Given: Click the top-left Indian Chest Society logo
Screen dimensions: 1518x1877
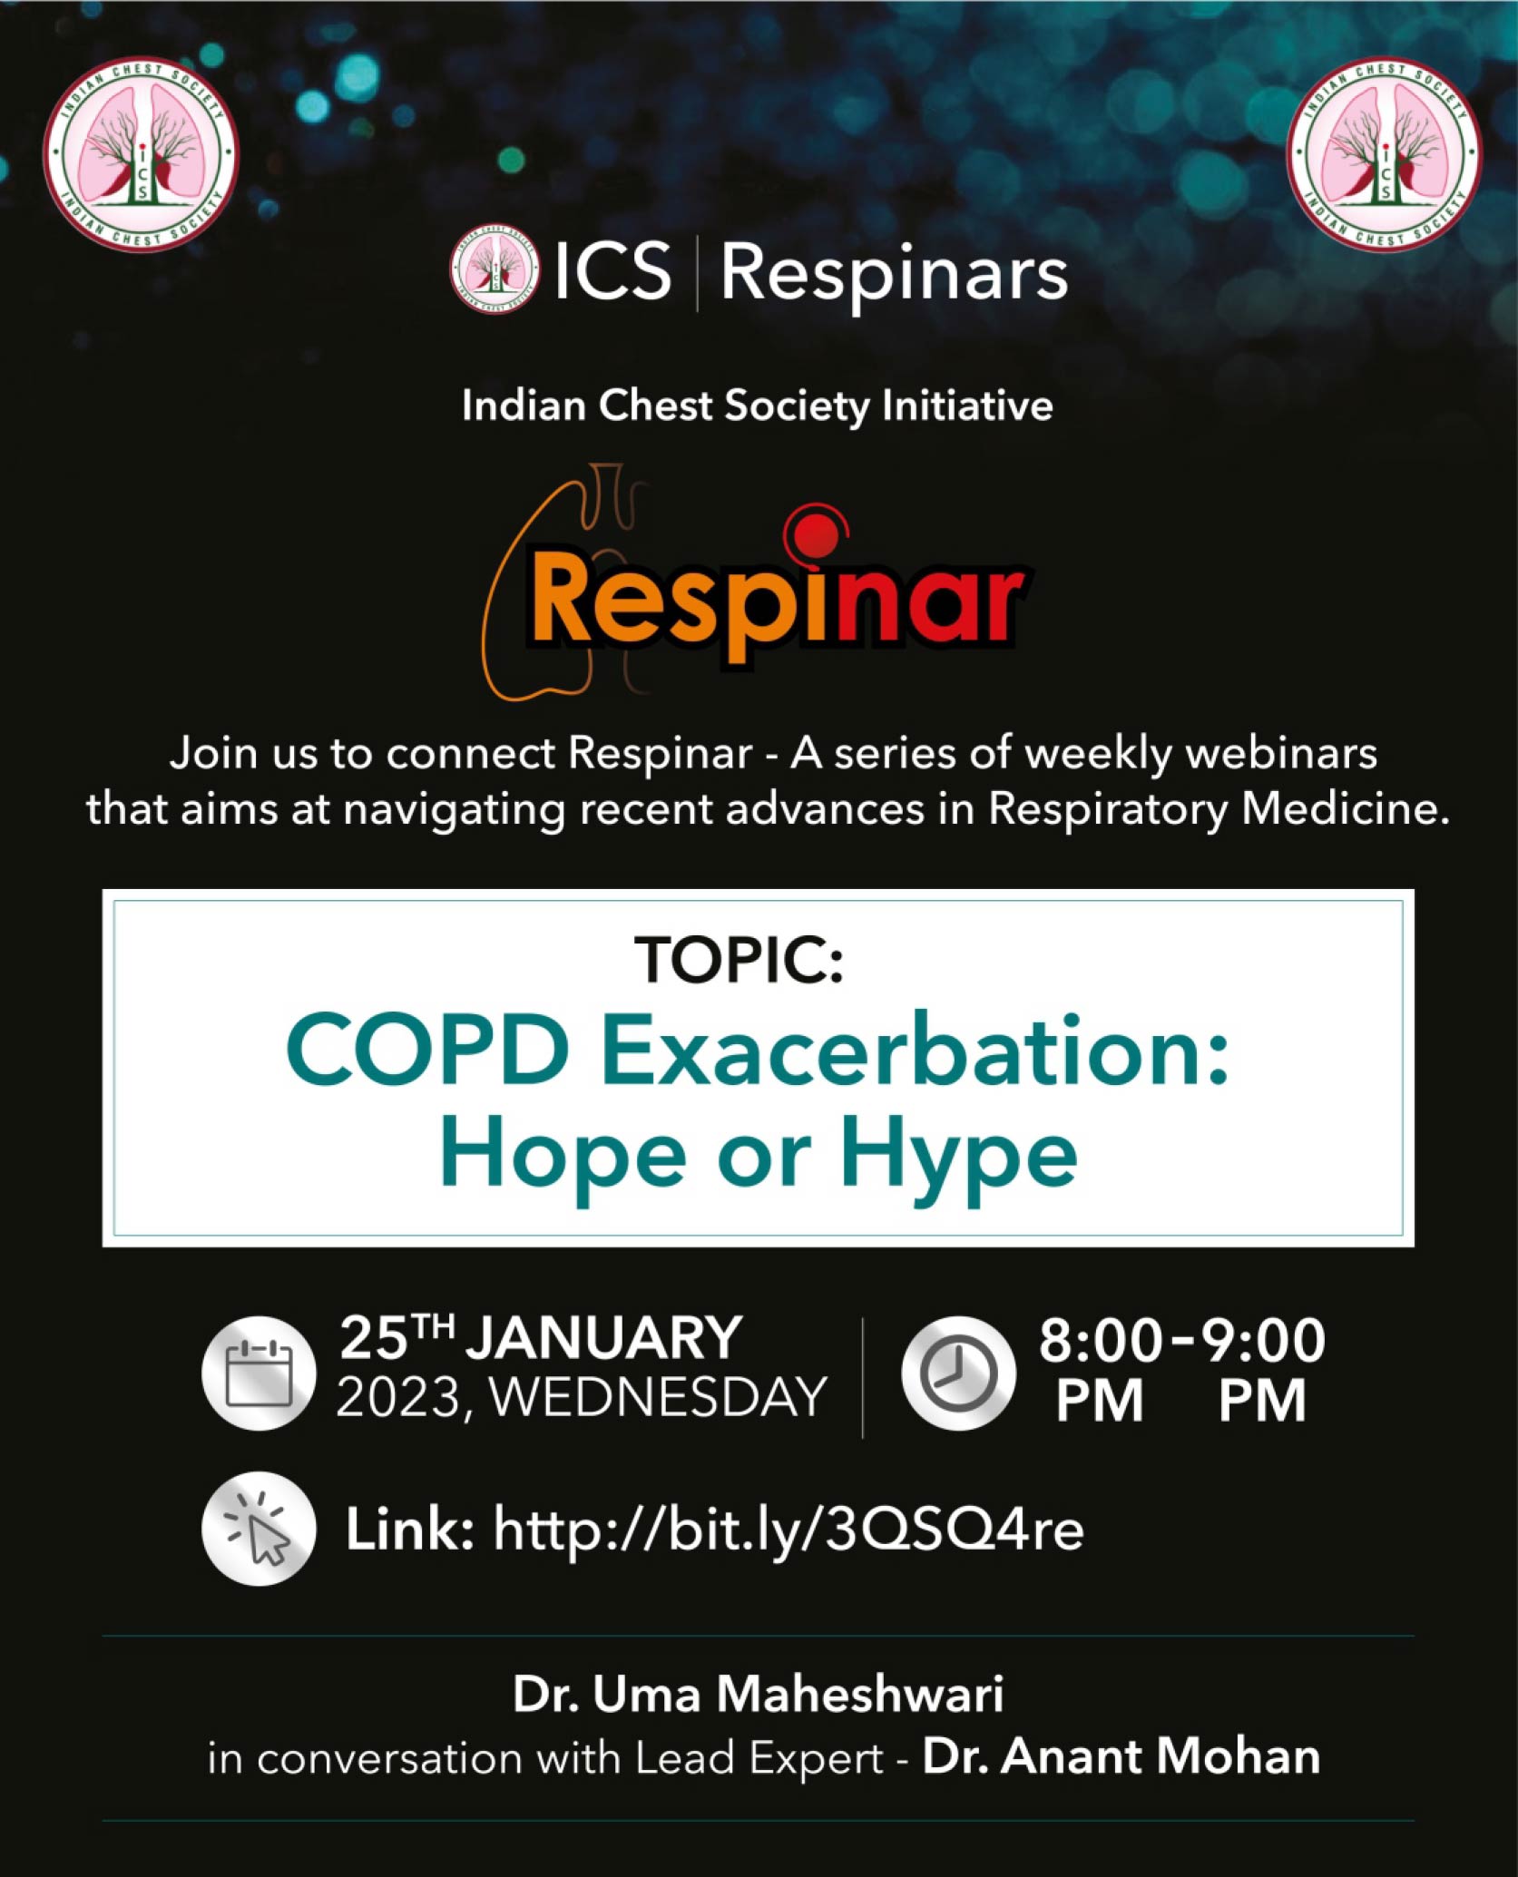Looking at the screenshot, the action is click(x=141, y=154).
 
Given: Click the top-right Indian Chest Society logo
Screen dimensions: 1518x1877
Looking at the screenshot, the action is click(x=1384, y=154).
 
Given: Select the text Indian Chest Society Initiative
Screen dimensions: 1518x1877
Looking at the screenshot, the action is click(x=758, y=406).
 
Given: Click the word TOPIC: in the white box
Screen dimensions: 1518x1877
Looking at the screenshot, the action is click(x=739, y=960).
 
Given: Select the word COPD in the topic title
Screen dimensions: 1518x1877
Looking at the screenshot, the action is click(x=427, y=1049).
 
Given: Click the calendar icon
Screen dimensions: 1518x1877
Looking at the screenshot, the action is click(x=259, y=1373).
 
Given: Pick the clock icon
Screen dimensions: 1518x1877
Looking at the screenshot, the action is click(x=958, y=1373).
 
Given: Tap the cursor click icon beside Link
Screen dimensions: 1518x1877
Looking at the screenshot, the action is click(x=259, y=1529).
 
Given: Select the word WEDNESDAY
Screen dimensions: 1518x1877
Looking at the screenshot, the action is click(x=659, y=1397).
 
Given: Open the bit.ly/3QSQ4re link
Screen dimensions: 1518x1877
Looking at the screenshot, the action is click(x=788, y=1530).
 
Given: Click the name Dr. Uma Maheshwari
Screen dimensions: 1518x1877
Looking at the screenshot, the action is click(x=759, y=1694).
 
